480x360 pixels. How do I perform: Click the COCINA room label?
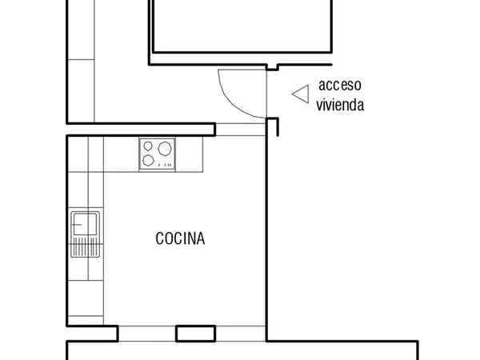(x=180, y=238)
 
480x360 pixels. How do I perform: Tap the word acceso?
(x=340, y=85)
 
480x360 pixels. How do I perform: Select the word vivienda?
(x=340, y=104)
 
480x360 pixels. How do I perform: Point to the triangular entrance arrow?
(x=301, y=94)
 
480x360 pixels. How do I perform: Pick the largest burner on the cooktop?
(x=165, y=149)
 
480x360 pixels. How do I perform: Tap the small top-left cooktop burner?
(x=148, y=146)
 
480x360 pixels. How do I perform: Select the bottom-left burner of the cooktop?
(x=149, y=160)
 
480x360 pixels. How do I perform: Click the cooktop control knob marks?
(x=165, y=165)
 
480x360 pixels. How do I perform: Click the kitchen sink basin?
(x=86, y=224)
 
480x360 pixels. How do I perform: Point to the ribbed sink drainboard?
(x=86, y=246)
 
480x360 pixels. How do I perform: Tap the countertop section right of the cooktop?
(x=189, y=154)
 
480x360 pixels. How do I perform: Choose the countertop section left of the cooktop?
(x=122, y=154)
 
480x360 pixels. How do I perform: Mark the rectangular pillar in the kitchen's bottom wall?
(x=196, y=334)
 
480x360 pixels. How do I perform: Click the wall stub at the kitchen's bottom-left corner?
(x=93, y=334)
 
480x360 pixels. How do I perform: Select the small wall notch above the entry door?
(x=273, y=67)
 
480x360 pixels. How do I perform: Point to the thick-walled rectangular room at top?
(x=242, y=26)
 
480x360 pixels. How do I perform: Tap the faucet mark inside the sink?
(x=77, y=224)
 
